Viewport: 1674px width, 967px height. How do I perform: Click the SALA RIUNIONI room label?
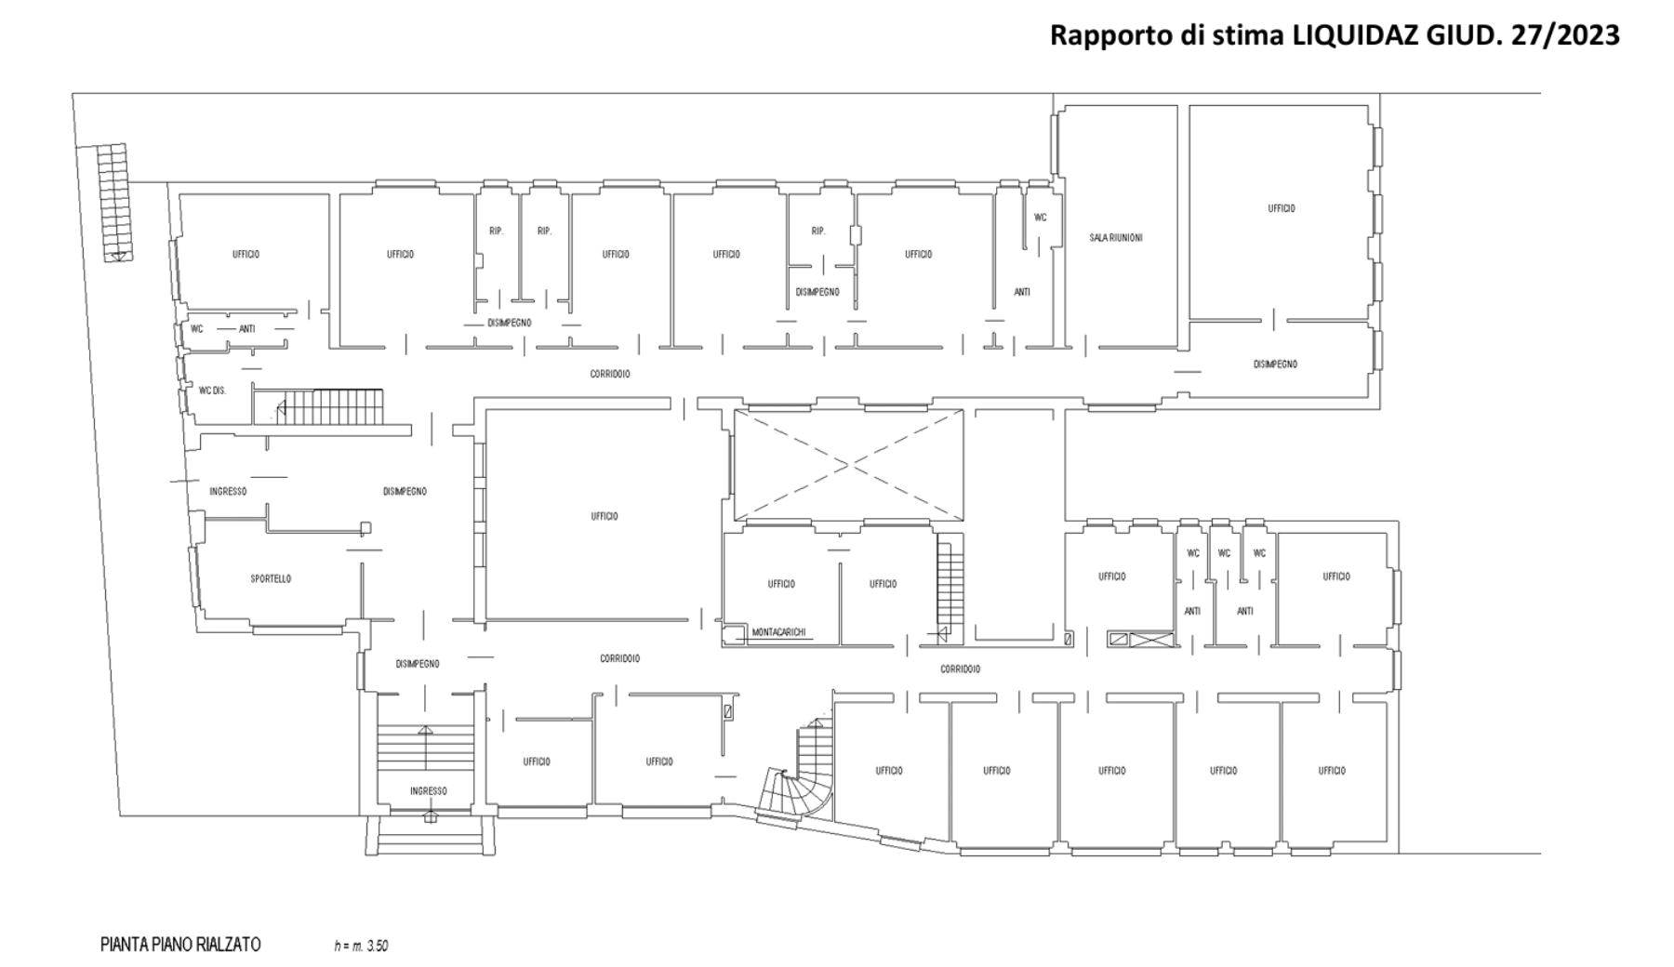1116,238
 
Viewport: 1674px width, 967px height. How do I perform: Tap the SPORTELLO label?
271,578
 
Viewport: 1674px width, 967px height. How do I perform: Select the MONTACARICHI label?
778,632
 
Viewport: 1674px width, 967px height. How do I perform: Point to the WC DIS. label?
212,391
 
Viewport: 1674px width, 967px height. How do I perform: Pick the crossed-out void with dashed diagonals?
848,464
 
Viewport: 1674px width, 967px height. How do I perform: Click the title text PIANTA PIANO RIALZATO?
180,945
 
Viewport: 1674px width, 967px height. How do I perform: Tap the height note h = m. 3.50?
361,947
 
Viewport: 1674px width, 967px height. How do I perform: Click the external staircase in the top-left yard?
113,203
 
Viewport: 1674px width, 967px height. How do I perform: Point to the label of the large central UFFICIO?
604,516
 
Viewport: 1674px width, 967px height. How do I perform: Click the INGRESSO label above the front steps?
429,791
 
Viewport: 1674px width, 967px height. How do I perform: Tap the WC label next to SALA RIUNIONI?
1041,218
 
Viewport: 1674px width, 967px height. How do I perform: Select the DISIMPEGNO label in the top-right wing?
1275,364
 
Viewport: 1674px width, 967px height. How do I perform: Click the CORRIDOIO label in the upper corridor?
610,374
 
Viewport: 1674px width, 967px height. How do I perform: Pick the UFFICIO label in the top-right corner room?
1282,208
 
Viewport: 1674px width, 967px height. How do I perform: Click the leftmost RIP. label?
496,231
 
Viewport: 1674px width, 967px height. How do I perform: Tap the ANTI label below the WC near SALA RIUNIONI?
1022,292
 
